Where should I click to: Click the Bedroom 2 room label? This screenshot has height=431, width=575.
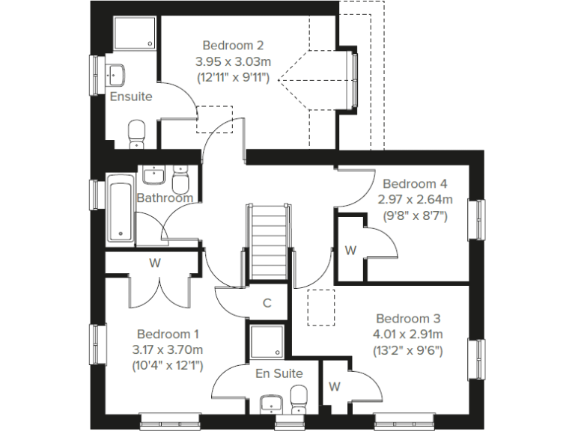point(233,46)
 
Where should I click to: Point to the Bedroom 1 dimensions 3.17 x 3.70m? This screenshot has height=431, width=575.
point(168,349)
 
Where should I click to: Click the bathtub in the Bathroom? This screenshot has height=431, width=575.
point(121,210)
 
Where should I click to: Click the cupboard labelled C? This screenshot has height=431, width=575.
point(267,303)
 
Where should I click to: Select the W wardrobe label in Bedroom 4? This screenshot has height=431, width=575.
point(350,251)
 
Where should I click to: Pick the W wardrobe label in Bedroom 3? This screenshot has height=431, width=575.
point(335,387)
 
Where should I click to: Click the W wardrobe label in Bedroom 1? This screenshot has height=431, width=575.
point(155,263)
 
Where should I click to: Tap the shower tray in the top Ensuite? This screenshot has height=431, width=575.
point(136,34)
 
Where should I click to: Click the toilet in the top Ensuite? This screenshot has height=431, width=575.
point(137,135)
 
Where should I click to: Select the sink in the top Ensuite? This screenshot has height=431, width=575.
point(116,75)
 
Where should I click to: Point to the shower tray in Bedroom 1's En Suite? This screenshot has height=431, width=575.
point(267,343)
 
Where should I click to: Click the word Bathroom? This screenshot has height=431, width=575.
point(165,198)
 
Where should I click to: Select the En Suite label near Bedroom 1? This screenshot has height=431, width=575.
point(279,373)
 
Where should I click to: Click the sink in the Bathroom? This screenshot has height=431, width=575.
point(153,175)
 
